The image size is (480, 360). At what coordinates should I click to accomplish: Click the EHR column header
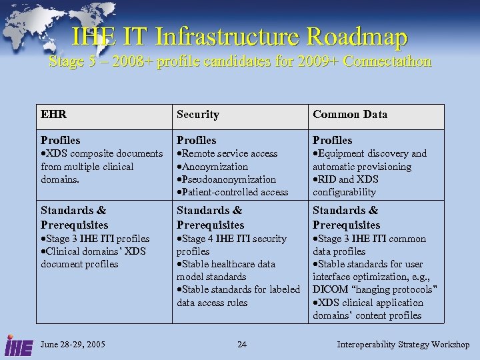click(53, 114)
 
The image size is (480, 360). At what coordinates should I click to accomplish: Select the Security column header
click(197, 114)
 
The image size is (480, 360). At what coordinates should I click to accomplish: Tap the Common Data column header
click(349, 114)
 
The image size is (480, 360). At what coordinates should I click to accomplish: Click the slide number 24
click(241, 345)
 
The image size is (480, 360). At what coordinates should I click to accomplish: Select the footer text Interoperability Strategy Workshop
click(403, 345)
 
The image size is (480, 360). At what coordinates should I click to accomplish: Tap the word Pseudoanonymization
click(229, 179)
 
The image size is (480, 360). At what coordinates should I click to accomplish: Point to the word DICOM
click(329, 289)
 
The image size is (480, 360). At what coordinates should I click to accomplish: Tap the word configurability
click(344, 192)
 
